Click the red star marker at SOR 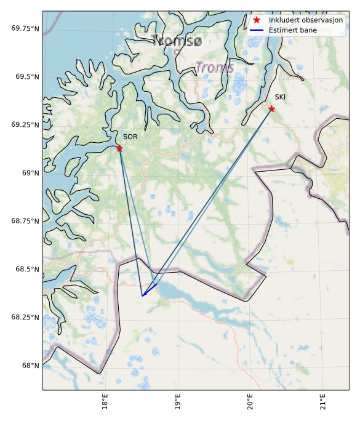[x=119, y=148]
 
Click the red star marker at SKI [x=271, y=109]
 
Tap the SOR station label [x=130, y=137]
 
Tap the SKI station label [x=280, y=97]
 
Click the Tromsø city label [x=176, y=41]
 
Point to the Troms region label [x=215, y=68]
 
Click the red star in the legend [x=257, y=20]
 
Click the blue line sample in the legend [x=257, y=30]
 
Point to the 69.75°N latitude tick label [x=25, y=28]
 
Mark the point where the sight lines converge [x=142, y=296]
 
